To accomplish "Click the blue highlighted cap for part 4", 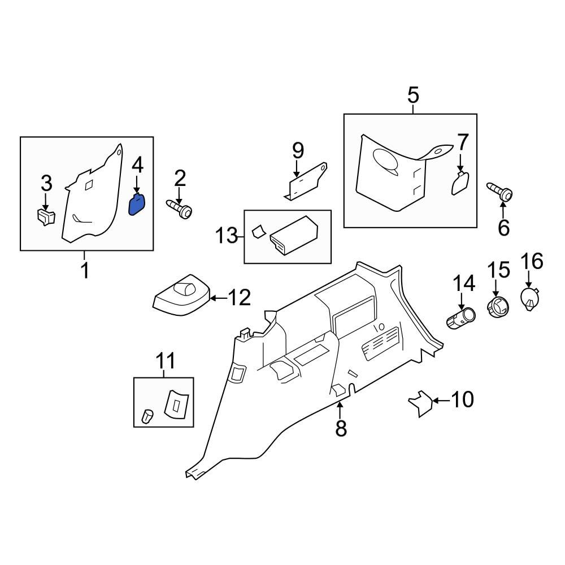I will pyautogui.click(x=137, y=205).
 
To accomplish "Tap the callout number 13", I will pyautogui.click(x=227, y=236).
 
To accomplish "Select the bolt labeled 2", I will pyautogui.click(x=179, y=210).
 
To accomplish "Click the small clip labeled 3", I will pyautogui.click(x=45, y=217).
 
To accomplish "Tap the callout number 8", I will pyautogui.click(x=341, y=428).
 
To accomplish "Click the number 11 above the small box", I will pyautogui.click(x=166, y=360).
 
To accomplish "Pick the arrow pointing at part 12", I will pyautogui.click(x=218, y=297).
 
